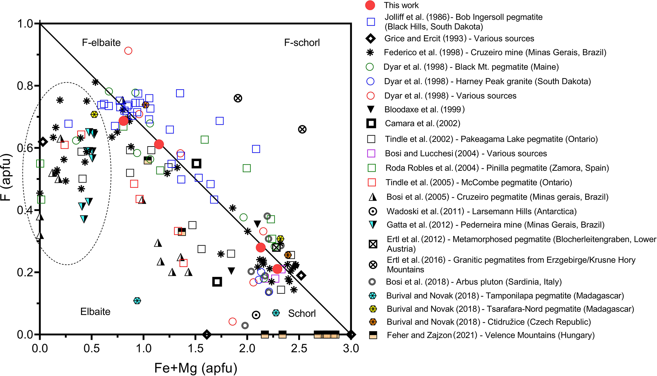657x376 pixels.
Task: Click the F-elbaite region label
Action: click(x=101, y=43)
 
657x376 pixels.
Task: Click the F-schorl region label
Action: click(x=302, y=43)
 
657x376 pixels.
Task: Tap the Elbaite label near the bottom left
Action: click(x=95, y=311)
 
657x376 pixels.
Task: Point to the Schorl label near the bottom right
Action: click(x=302, y=313)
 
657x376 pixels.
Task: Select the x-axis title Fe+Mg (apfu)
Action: click(x=195, y=368)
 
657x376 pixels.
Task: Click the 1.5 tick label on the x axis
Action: click(x=195, y=348)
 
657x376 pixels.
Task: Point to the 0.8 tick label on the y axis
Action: click(x=25, y=86)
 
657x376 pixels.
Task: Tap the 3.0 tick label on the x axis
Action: click(x=351, y=348)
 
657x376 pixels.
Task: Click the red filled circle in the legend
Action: click(x=370, y=5)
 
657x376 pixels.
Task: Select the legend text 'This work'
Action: click(x=401, y=5)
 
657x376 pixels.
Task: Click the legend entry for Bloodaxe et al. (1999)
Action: click(x=424, y=109)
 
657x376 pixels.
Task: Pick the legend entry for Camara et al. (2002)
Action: click(x=422, y=123)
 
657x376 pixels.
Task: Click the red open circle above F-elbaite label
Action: click(x=128, y=51)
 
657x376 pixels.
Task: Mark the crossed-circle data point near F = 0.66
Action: click(x=302, y=129)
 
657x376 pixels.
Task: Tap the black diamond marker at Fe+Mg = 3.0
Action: click(x=351, y=334)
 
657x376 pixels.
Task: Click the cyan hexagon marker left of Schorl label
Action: click(x=276, y=313)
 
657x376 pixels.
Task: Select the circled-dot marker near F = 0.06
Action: click(x=256, y=315)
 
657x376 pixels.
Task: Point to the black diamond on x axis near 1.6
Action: click(x=207, y=334)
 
